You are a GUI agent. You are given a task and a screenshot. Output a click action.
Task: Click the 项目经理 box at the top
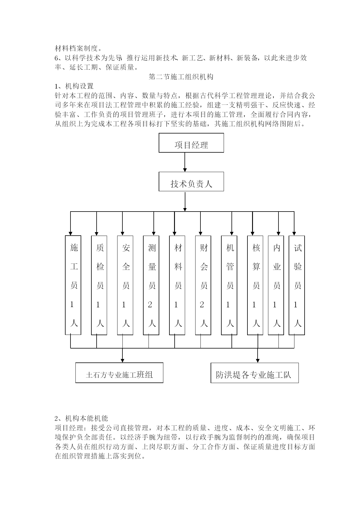(x=191, y=143)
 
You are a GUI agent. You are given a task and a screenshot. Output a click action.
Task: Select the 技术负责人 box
(x=191, y=182)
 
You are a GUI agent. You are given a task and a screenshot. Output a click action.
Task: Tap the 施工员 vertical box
(x=73, y=285)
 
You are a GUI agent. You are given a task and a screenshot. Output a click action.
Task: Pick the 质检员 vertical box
(x=99, y=285)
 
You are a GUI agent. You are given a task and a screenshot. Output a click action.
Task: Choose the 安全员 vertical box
(x=125, y=285)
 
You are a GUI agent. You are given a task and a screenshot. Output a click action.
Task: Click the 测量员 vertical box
(x=151, y=285)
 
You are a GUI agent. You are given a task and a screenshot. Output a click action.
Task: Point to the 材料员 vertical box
(x=177, y=285)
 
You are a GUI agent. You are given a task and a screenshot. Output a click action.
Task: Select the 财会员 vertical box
(x=203, y=285)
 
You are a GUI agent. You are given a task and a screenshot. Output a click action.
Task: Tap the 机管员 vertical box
(x=229, y=285)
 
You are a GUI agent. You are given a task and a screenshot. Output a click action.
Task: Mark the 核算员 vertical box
(x=255, y=285)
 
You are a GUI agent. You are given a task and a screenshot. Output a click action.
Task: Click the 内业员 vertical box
(x=276, y=285)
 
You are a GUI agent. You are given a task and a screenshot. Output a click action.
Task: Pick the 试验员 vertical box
(x=297, y=285)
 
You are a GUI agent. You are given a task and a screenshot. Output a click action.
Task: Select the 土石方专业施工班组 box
(x=119, y=373)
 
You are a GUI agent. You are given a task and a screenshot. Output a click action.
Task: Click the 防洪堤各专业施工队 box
(x=255, y=373)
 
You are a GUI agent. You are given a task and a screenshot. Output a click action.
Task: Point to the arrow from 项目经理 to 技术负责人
(x=185, y=162)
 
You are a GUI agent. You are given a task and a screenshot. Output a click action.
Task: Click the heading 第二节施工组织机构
(x=181, y=77)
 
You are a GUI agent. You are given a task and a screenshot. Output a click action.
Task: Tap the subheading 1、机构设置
(x=74, y=86)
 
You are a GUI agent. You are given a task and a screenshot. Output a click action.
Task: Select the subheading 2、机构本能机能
(x=82, y=418)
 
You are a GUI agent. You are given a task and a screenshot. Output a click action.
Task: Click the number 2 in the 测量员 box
(x=150, y=304)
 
